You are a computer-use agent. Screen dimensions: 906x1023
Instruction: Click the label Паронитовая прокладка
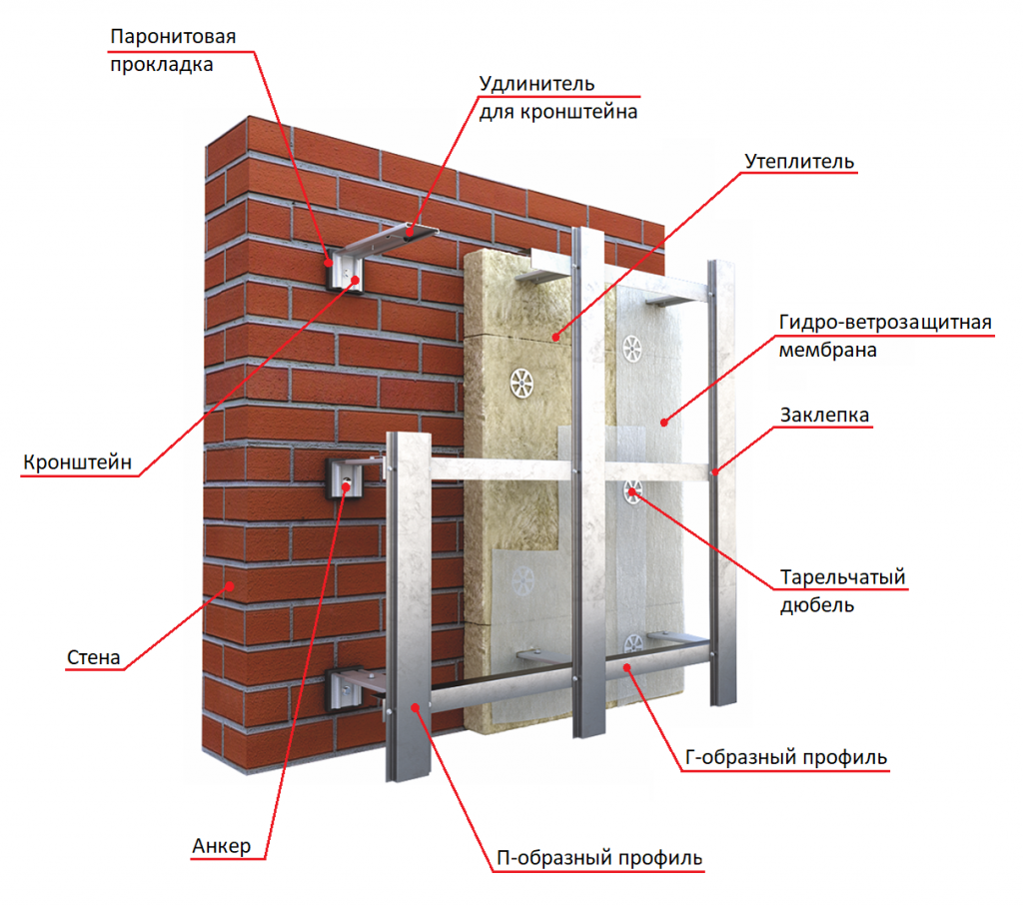172,51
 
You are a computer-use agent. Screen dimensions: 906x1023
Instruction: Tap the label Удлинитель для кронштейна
557,97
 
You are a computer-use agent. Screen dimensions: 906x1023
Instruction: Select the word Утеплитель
799,161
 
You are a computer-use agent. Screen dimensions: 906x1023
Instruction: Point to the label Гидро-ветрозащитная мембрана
884,336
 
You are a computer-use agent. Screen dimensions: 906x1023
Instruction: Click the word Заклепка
825,414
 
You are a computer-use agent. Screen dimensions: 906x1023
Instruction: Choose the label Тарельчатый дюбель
842,590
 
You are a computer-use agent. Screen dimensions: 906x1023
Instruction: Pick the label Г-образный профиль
786,757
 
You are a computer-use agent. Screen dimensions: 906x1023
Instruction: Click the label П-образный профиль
599,857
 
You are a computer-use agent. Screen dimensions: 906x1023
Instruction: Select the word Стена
94,657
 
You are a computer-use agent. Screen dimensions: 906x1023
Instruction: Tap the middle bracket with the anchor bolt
345,478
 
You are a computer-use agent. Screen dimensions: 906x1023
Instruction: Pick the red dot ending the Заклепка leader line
715,470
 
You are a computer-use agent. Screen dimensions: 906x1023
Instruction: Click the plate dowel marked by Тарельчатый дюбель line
632,489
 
